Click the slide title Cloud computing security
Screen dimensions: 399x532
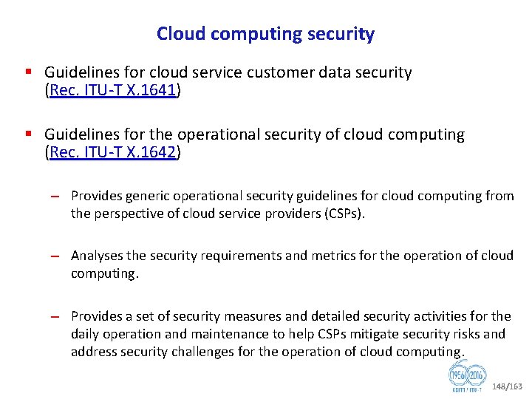(x=265, y=34)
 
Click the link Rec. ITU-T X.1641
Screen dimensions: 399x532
(x=113, y=90)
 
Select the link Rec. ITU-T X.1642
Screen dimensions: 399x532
(x=113, y=152)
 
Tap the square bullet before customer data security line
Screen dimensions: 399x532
(x=28, y=72)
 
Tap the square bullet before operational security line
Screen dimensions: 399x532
(x=28, y=134)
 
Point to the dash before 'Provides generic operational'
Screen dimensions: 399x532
(x=55, y=197)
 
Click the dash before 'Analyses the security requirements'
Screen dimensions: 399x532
(x=55, y=256)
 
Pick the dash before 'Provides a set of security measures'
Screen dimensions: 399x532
(x=55, y=317)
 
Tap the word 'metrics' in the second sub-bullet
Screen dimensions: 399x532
(x=335, y=256)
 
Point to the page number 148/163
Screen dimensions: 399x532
(x=508, y=386)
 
